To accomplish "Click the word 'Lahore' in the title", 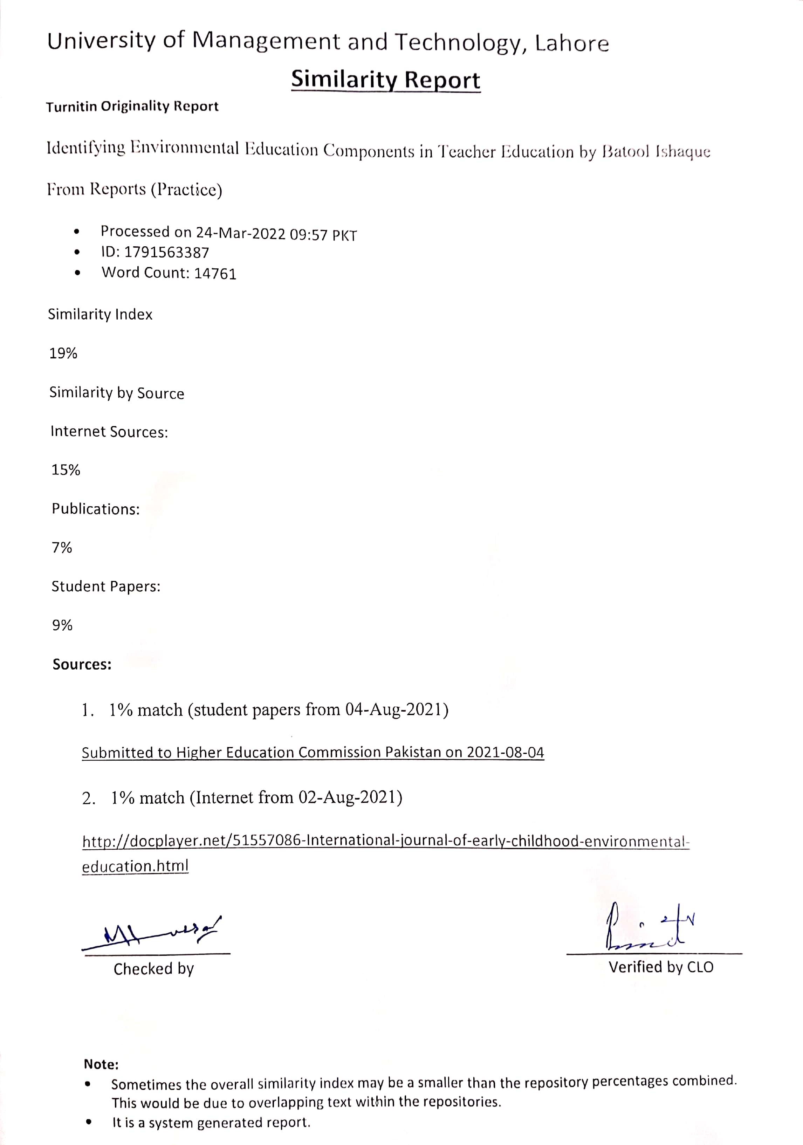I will pos(571,43).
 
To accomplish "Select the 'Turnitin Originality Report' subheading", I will pos(132,106).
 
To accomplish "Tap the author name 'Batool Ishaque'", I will pos(656,151).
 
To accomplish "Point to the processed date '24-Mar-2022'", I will pos(240,233).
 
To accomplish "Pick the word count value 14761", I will pos(215,273).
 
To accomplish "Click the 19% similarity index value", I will pos(63,353).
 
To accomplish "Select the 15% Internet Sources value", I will pos(66,470).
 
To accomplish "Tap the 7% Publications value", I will pos(62,548).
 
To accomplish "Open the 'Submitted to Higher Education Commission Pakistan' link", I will pos(313,752).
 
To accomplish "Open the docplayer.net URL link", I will pos(385,841).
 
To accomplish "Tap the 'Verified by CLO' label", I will pos(660,967).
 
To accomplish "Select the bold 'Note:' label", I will pos(101,1064).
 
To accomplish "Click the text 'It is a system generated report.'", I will pos(211,1123).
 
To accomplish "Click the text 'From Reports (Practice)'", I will pos(135,190).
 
